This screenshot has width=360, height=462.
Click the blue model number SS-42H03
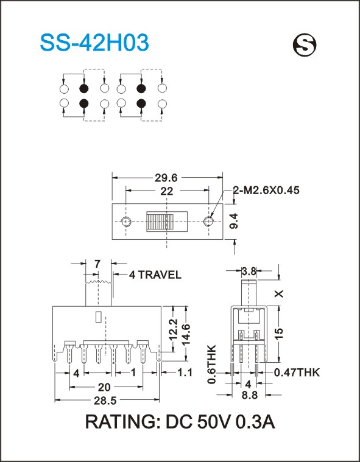(x=94, y=43)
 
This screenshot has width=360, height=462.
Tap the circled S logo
(x=305, y=45)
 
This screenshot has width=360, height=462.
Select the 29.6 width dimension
(x=166, y=178)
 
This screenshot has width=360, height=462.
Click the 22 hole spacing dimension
(x=166, y=191)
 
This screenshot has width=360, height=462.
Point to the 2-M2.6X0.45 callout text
(x=266, y=191)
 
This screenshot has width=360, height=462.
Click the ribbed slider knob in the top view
(x=160, y=222)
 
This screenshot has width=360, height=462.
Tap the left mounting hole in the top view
(x=126, y=222)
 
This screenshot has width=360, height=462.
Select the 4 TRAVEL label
(x=155, y=275)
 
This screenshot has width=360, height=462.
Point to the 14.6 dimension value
(x=186, y=334)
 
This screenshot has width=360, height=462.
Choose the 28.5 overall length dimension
(x=105, y=400)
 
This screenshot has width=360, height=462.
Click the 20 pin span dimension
(x=104, y=387)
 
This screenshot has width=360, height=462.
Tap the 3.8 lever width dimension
(x=249, y=271)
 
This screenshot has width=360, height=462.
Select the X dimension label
(x=279, y=293)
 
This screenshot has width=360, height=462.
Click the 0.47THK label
(x=297, y=373)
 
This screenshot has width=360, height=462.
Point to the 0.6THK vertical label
(x=212, y=364)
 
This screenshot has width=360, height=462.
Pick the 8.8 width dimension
(x=249, y=395)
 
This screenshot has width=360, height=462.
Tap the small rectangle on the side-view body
(x=99, y=317)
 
